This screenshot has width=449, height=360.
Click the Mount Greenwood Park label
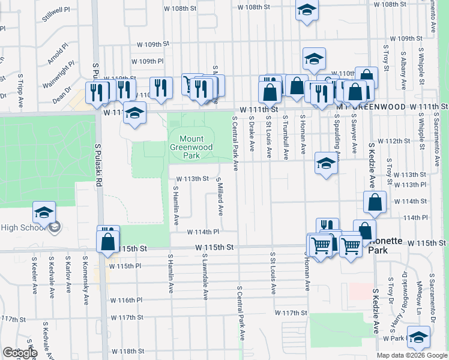(x=191, y=147)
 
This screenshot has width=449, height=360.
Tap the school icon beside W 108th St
(x=307, y=10)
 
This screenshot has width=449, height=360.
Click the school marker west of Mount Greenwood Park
(x=135, y=113)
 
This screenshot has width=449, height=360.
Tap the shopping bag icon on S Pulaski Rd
(x=108, y=241)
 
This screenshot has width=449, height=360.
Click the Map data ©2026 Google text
(x=412, y=355)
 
